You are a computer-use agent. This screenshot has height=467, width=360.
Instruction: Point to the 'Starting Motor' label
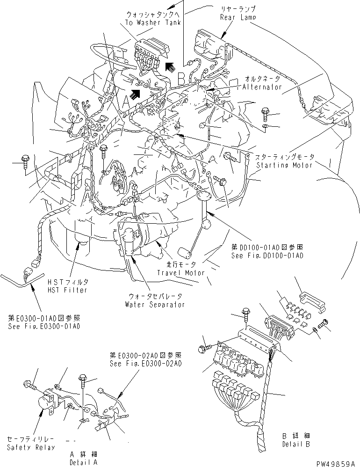pyautogui.click(x=285, y=165)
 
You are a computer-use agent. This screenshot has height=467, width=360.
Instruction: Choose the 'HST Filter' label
pyautogui.click(x=72, y=290)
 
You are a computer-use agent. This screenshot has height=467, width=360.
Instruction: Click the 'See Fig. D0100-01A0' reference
pyautogui.click(x=267, y=256)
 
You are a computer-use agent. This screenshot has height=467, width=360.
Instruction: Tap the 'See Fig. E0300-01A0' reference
pyautogui.click(x=43, y=326)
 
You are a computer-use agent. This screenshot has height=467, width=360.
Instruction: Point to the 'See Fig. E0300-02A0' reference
pyautogui.click(x=145, y=363)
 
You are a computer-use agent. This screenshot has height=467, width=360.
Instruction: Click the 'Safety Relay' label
pyautogui.click(x=31, y=447)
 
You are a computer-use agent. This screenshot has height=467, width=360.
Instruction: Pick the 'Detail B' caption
pyautogui.click(x=295, y=444)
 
